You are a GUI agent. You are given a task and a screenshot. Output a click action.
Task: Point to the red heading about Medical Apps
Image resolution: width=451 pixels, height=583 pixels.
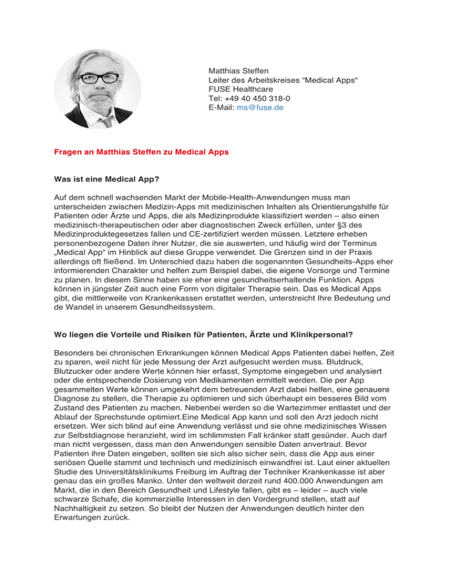pos(138,151)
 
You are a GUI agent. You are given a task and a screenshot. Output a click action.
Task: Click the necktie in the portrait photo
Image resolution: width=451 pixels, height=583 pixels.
pos(106,121)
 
